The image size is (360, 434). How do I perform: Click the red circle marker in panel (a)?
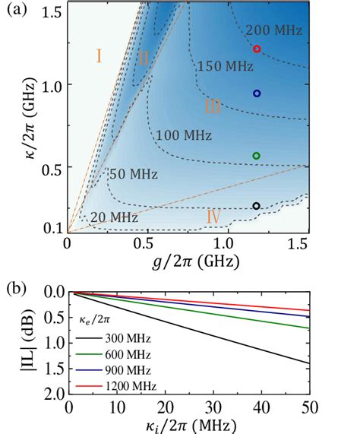pyautogui.click(x=257, y=49)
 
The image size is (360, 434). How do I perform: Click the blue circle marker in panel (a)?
pyautogui.click(x=257, y=93)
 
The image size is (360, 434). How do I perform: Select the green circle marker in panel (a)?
pyautogui.click(x=257, y=156)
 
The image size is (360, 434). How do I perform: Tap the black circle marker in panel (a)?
pyautogui.click(x=257, y=206)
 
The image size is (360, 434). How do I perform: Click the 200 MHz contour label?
pyautogui.click(x=277, y=31)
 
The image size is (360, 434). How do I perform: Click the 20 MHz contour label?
pyautogui.click(x=114, y=217)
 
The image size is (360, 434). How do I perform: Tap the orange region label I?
pyautogui.click(x=99, y=55)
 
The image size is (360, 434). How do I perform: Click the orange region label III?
pyautogui.click(x=213, y=106)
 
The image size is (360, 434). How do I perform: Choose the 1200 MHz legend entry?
pyautogui.click(x=128, y=387)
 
